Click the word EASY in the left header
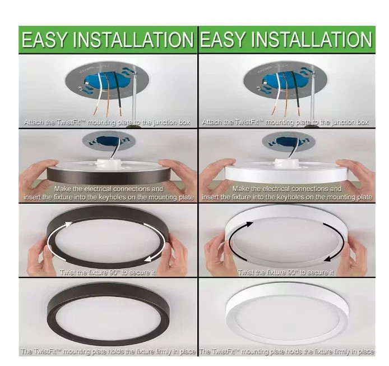[44, 39]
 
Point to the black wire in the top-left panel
[119, 93]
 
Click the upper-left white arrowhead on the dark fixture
[68, 225]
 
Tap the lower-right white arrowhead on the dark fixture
[148, 259]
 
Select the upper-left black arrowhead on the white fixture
[249, 225]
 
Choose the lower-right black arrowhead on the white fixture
[327, 259]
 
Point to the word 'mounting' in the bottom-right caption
[253, 351]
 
